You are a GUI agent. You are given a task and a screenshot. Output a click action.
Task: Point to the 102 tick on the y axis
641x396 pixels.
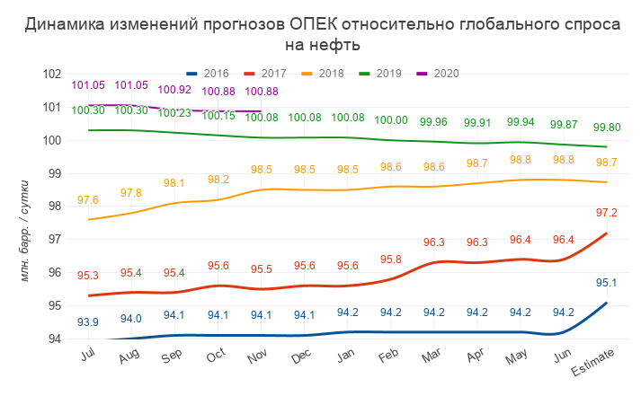(51, 74)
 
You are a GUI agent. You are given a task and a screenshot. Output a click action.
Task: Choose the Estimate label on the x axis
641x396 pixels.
(597, 356)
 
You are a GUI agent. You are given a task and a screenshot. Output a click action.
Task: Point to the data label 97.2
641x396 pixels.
(606, 213)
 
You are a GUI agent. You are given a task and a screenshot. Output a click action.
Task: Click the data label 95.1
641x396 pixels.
(606, 283)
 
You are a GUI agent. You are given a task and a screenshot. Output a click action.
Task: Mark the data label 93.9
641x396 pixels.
(88, 322)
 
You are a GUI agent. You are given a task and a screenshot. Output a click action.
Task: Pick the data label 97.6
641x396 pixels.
(88, 200)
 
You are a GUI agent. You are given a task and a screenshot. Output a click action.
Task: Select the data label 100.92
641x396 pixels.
(174, 90)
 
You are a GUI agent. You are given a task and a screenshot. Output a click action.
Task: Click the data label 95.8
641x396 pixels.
(390, 260)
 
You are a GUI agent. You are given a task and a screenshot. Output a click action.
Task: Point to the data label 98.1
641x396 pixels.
(174, 183)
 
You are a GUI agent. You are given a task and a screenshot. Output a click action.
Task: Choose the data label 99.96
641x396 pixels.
(433, 122)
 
